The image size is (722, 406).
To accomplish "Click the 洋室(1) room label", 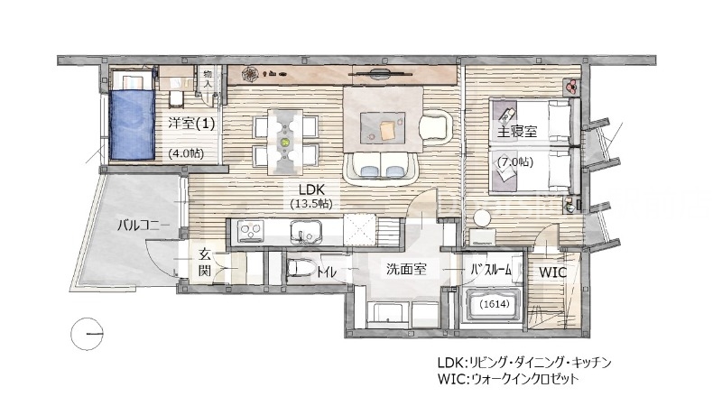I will point(191,124).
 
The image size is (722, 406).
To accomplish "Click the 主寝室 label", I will point(518,132).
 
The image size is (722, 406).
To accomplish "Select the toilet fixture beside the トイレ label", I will point(301,268).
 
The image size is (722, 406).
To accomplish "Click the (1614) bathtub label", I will point(493,305).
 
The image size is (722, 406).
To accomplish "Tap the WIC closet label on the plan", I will point(552,272).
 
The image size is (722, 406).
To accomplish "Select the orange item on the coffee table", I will point(389,130).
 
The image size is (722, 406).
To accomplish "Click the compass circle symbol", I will point(88,336).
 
